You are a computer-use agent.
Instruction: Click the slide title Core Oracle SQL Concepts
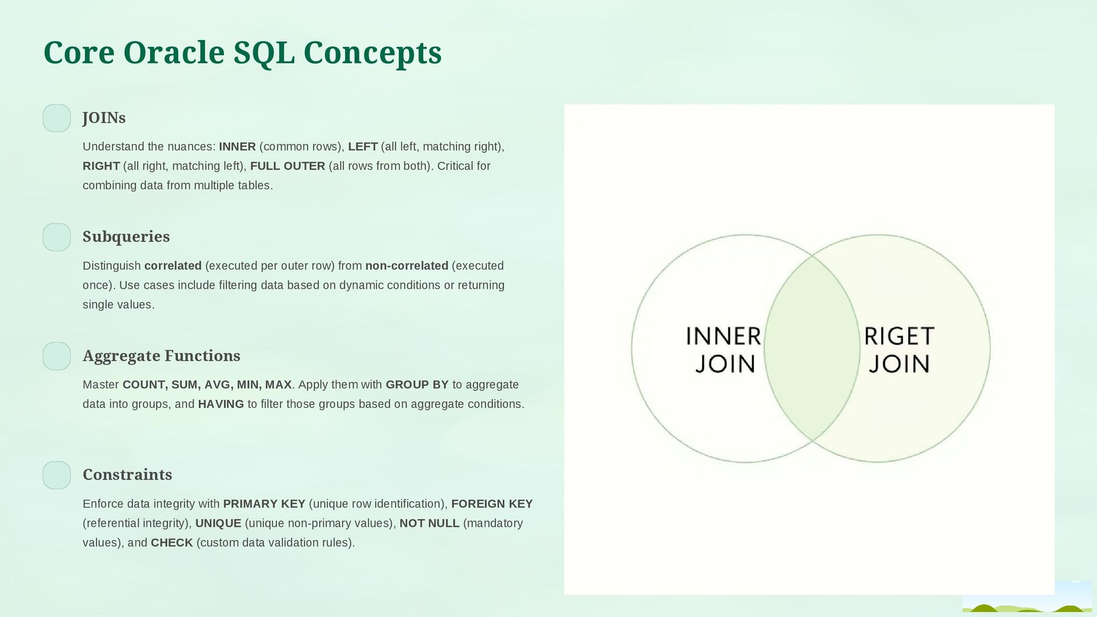click(242, 53)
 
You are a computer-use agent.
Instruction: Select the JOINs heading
click(104, 118)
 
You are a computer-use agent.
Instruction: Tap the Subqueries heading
click(126, 237)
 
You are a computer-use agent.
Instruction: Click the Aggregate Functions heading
click(161, 356)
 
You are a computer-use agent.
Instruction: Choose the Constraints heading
click(127, 475)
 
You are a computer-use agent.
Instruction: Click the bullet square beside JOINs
click(57, 118)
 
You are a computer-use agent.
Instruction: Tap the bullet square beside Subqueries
click(57, 237)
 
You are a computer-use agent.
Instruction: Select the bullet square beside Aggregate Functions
click(57, 356)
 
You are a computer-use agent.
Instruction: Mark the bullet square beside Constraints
click(57, 475)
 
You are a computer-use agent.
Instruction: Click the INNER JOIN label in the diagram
click(723, 350)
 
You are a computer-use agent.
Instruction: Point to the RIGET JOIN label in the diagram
click(899, 350)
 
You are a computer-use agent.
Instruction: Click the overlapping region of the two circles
click(812, 348)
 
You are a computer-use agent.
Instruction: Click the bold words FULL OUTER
click(287, 166)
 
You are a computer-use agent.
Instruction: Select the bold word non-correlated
click(407, 266)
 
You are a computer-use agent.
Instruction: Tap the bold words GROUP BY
click(417, 384)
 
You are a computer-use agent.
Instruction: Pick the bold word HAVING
click(221, 404)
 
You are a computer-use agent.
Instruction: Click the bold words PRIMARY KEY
click(264, 504)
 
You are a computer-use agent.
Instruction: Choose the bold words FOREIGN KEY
click(492, 504)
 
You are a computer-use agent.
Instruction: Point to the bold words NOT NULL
click(429, 523)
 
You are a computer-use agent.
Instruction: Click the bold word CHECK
click(171, 543)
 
